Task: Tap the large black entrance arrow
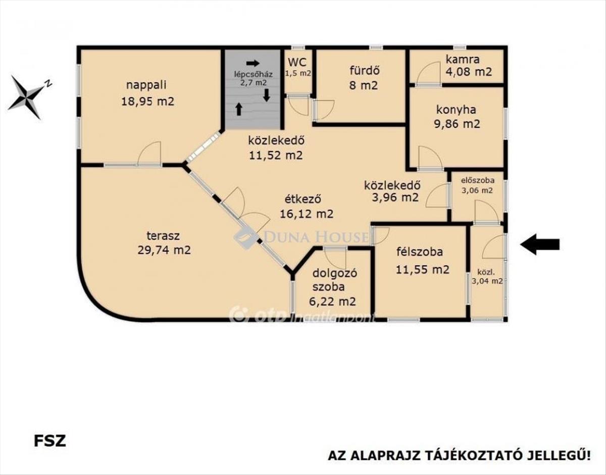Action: [540, 245]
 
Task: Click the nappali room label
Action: [146, 85]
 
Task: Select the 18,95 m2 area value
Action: [147, 101]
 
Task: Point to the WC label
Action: [297, 62]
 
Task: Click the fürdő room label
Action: [365, 70]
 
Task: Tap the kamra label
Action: [463, 59]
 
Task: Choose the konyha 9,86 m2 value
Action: [457, 124]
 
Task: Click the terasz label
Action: [163, 236]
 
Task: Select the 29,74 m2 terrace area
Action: [164, 250]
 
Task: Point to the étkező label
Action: [303, 199]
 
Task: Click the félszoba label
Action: [420, 252]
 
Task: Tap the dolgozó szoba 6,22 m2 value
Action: [332, 302]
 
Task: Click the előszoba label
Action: [478, 180]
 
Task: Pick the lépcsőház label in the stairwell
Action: [253, 74]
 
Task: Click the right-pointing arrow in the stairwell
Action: [253, 63]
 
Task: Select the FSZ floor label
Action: [50, 441]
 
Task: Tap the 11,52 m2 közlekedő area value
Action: [276, 155]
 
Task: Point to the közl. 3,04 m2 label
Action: [487, 276]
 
